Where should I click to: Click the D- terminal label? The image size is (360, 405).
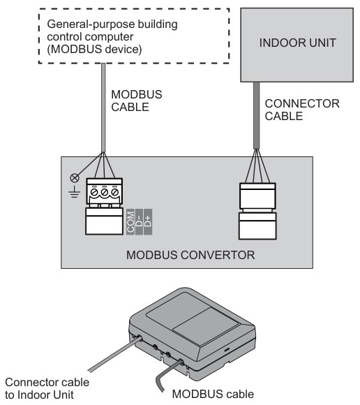point(140,221)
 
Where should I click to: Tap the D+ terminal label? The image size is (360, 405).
point(149,221)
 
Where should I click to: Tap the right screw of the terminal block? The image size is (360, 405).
point(114,191)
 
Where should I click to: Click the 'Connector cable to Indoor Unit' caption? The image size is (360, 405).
point(47,388)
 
